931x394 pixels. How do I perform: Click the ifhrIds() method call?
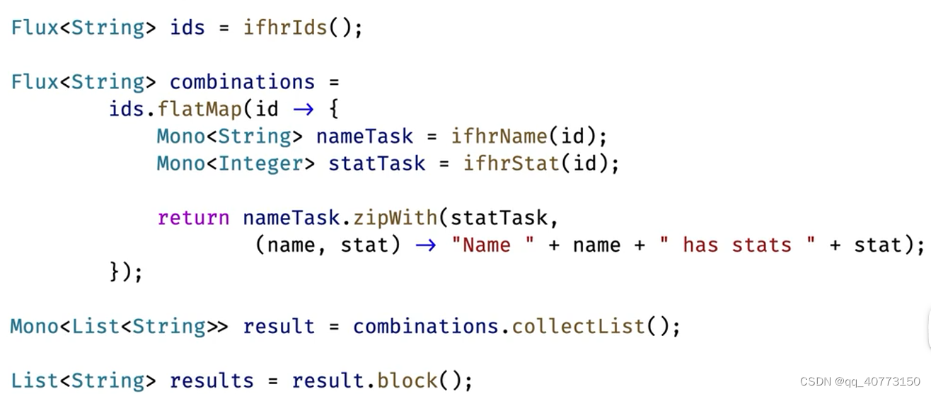(x=302, y=28)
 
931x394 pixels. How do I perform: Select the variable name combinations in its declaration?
(x=242, y=82)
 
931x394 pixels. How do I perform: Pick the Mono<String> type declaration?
(x=224, y=136)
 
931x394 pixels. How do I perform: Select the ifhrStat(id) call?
(x=541, y=163)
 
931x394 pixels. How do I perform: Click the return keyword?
(x=193, y=218)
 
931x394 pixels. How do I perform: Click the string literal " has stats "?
(x=736, y=245)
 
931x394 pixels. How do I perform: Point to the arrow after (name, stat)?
(x=425, y=245)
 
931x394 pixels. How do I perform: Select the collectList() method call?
(x=596, y=327)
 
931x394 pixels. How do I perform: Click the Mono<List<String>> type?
(x=119, y=327)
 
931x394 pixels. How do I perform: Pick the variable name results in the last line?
(x=212, y=381)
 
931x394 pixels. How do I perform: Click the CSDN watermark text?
(x=860, y=382)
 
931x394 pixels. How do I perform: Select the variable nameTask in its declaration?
(x=364, y=136)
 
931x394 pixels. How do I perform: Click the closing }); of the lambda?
(x=126, y=272)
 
